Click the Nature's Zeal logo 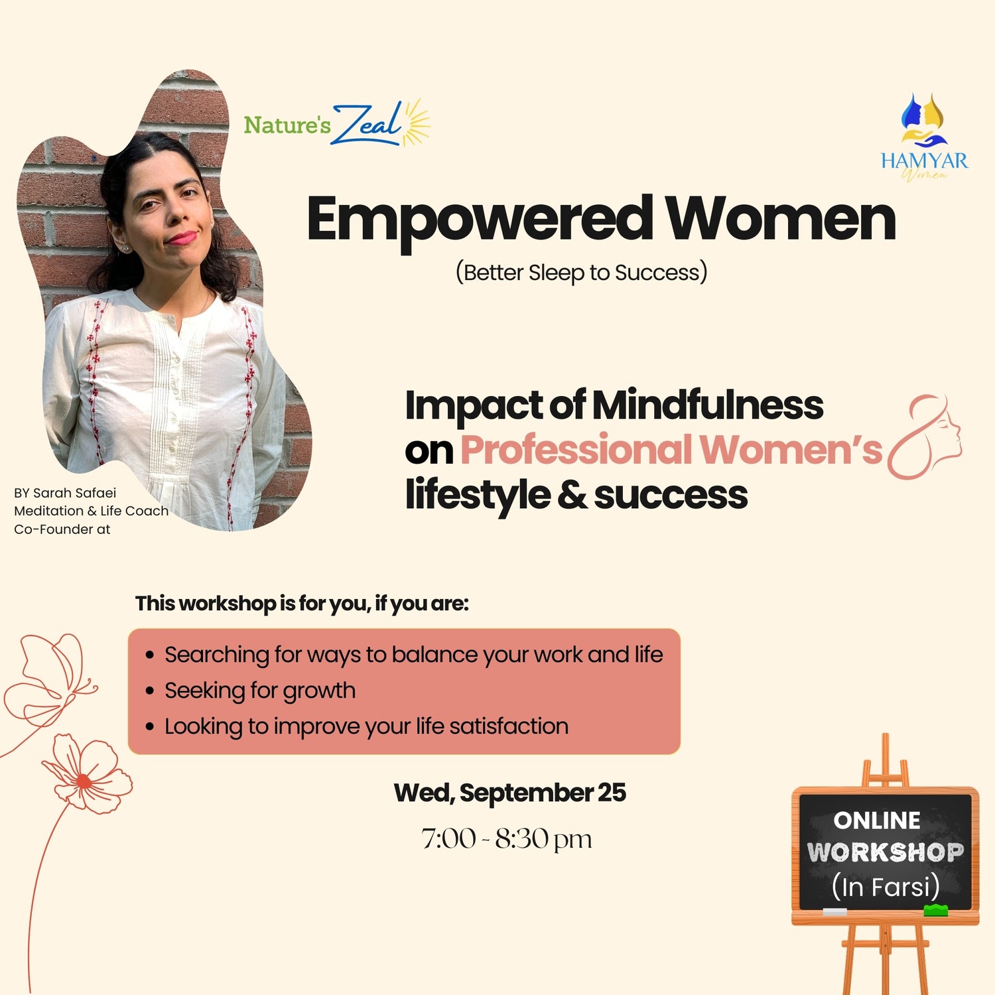coord(337,123)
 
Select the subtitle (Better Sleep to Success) coord(581,273)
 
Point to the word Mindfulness coord(708,405)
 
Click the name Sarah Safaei coord(74,493)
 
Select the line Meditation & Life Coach coord(91,511)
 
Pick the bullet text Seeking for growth coord(260,691)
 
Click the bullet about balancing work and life coord(414,655)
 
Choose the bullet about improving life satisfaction coord(366,726)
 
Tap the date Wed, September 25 coord(509,793)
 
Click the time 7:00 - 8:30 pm coord(506,839)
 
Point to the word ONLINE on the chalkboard coord(877,821)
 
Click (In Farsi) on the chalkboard coord(886,886)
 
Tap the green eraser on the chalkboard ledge coord(936,909)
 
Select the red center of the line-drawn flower coord(84,781)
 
